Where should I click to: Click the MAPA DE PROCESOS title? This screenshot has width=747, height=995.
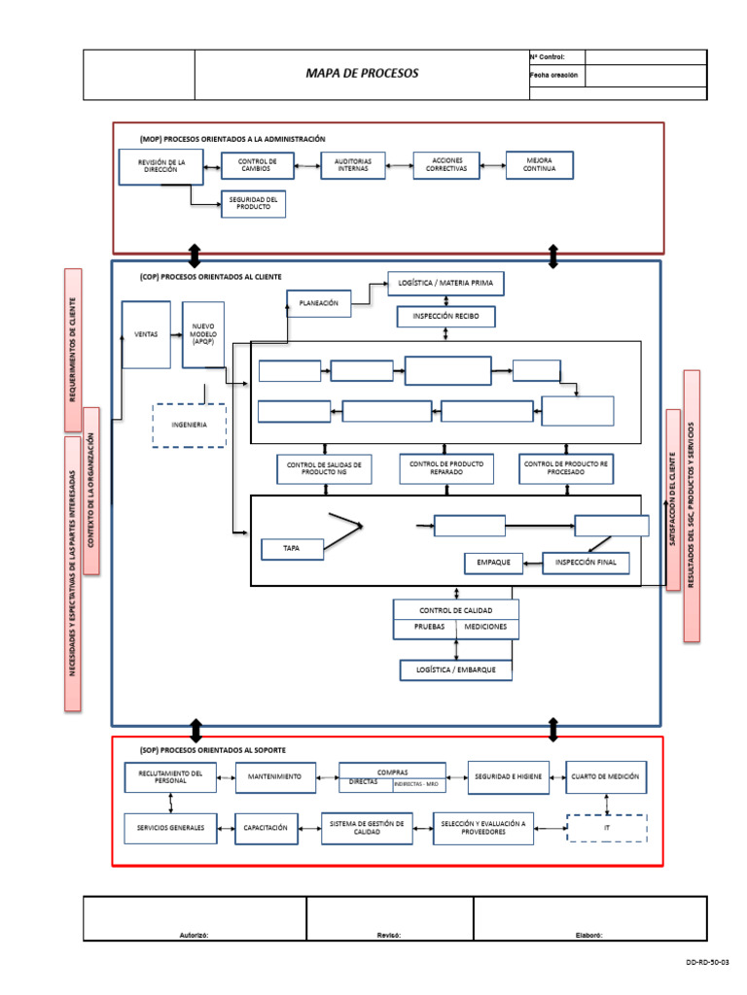tap(361, 74)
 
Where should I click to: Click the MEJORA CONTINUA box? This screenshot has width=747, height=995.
tap(539, 164)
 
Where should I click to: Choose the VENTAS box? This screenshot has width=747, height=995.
tap(146, 333)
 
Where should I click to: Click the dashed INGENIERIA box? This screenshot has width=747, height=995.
tap(189, 425)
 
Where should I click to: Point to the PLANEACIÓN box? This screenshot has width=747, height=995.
tap(317, 303)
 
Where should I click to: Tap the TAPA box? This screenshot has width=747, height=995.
tap(291, 549)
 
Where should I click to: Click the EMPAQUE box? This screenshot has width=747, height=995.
tap(493, 563)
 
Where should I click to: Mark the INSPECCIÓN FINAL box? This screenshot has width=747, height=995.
tap(586, 563)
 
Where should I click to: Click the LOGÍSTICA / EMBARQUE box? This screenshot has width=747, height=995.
tap(455, 669)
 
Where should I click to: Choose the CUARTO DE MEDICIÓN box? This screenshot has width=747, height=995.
tap(605, 776)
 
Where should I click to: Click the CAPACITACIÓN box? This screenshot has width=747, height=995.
tap(265, 827)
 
